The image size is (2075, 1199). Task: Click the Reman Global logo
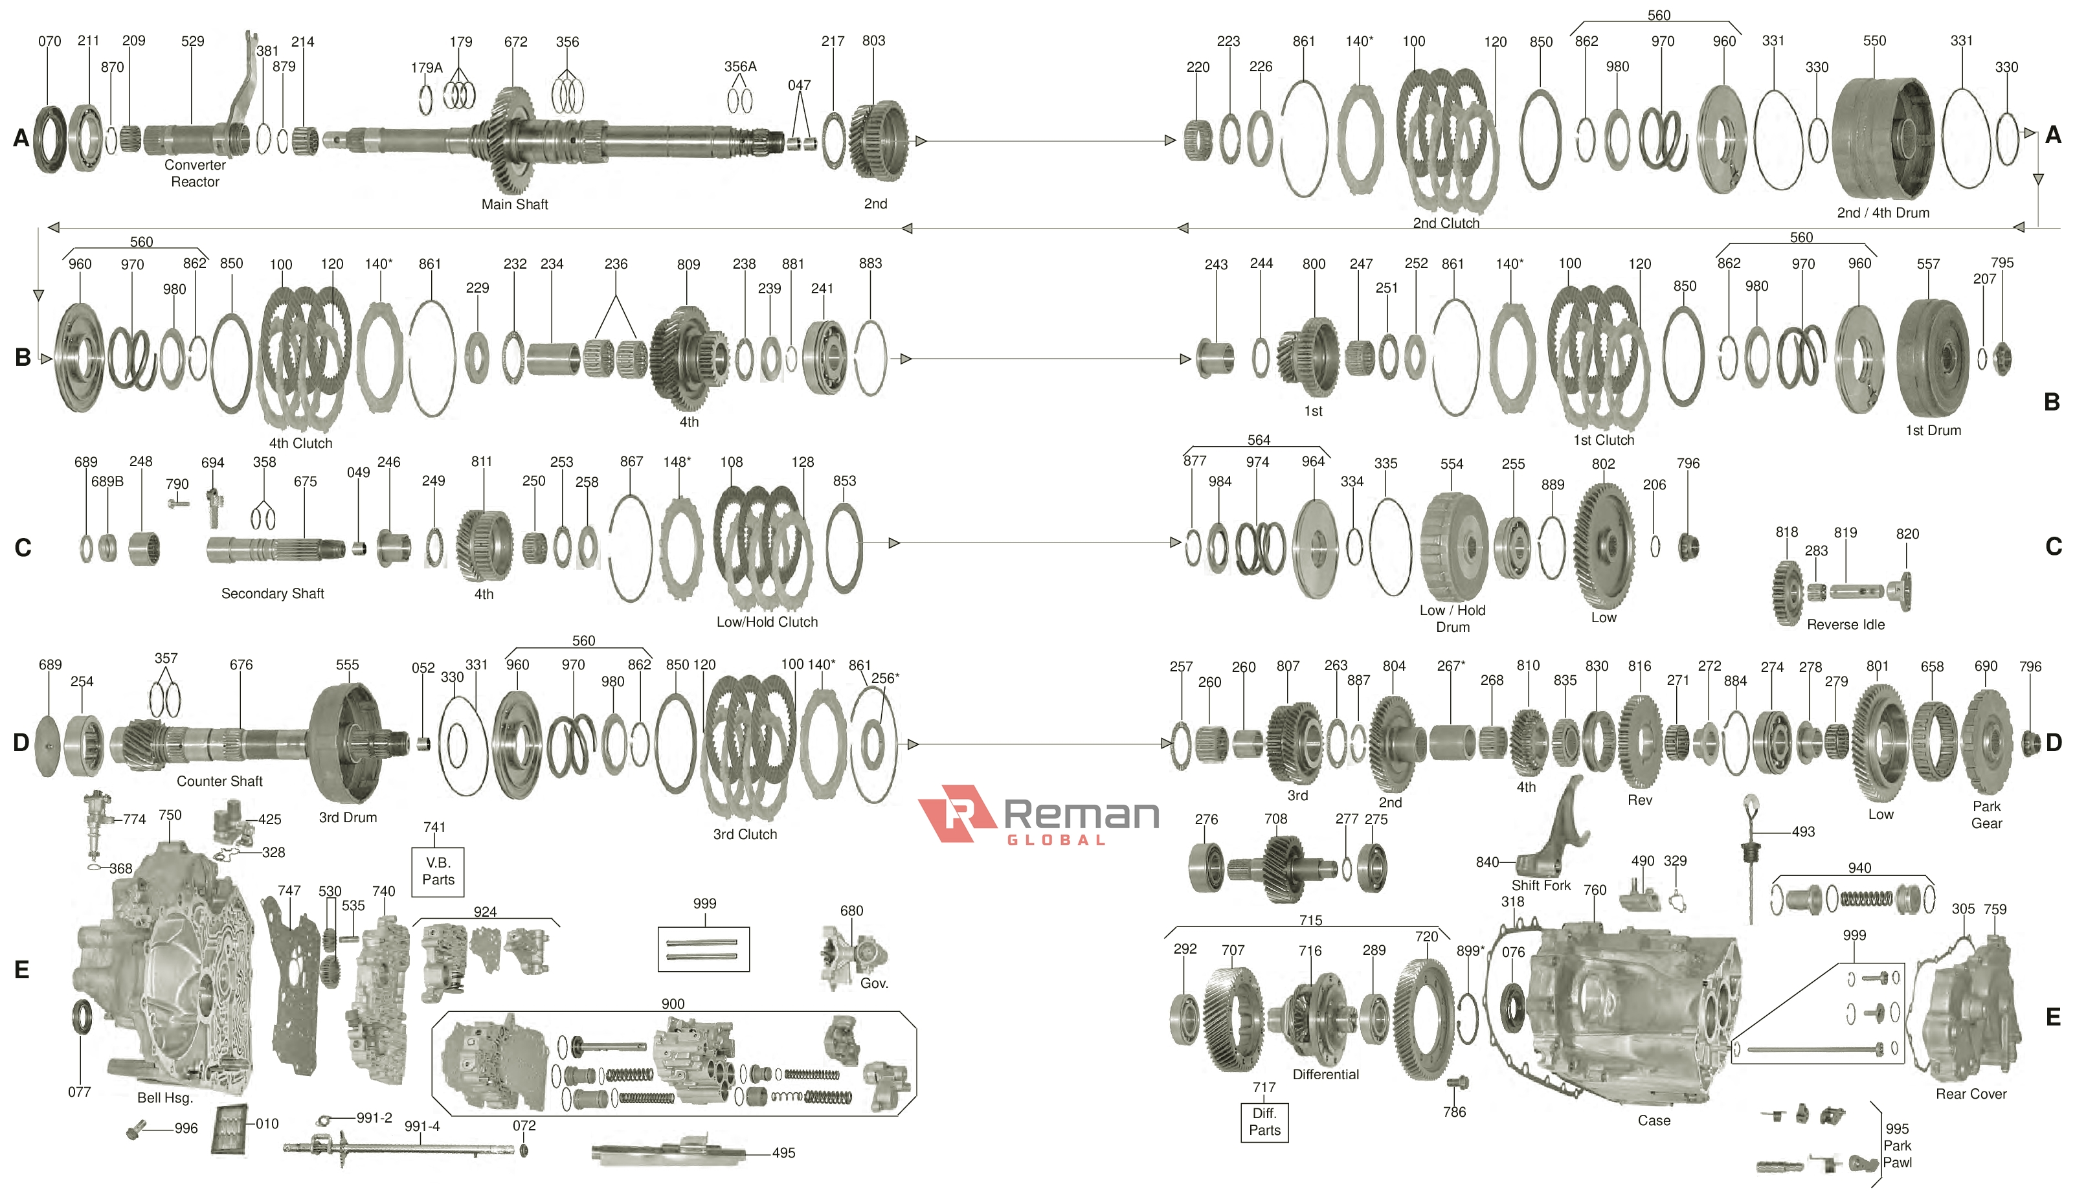pyautogui.click(x=1039, y=814)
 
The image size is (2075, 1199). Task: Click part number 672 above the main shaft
pyautogui.click(x=515, y=41)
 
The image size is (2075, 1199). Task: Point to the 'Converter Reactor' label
pyautogui.click(x=195, y=173)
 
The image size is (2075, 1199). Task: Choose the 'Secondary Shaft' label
pyautogui.click(x=273, y=593)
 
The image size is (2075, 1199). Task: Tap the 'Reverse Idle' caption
pyautogui.click(x=1845, y=624)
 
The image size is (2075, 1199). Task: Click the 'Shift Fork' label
pyautogui.click(x=1541, y=885)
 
